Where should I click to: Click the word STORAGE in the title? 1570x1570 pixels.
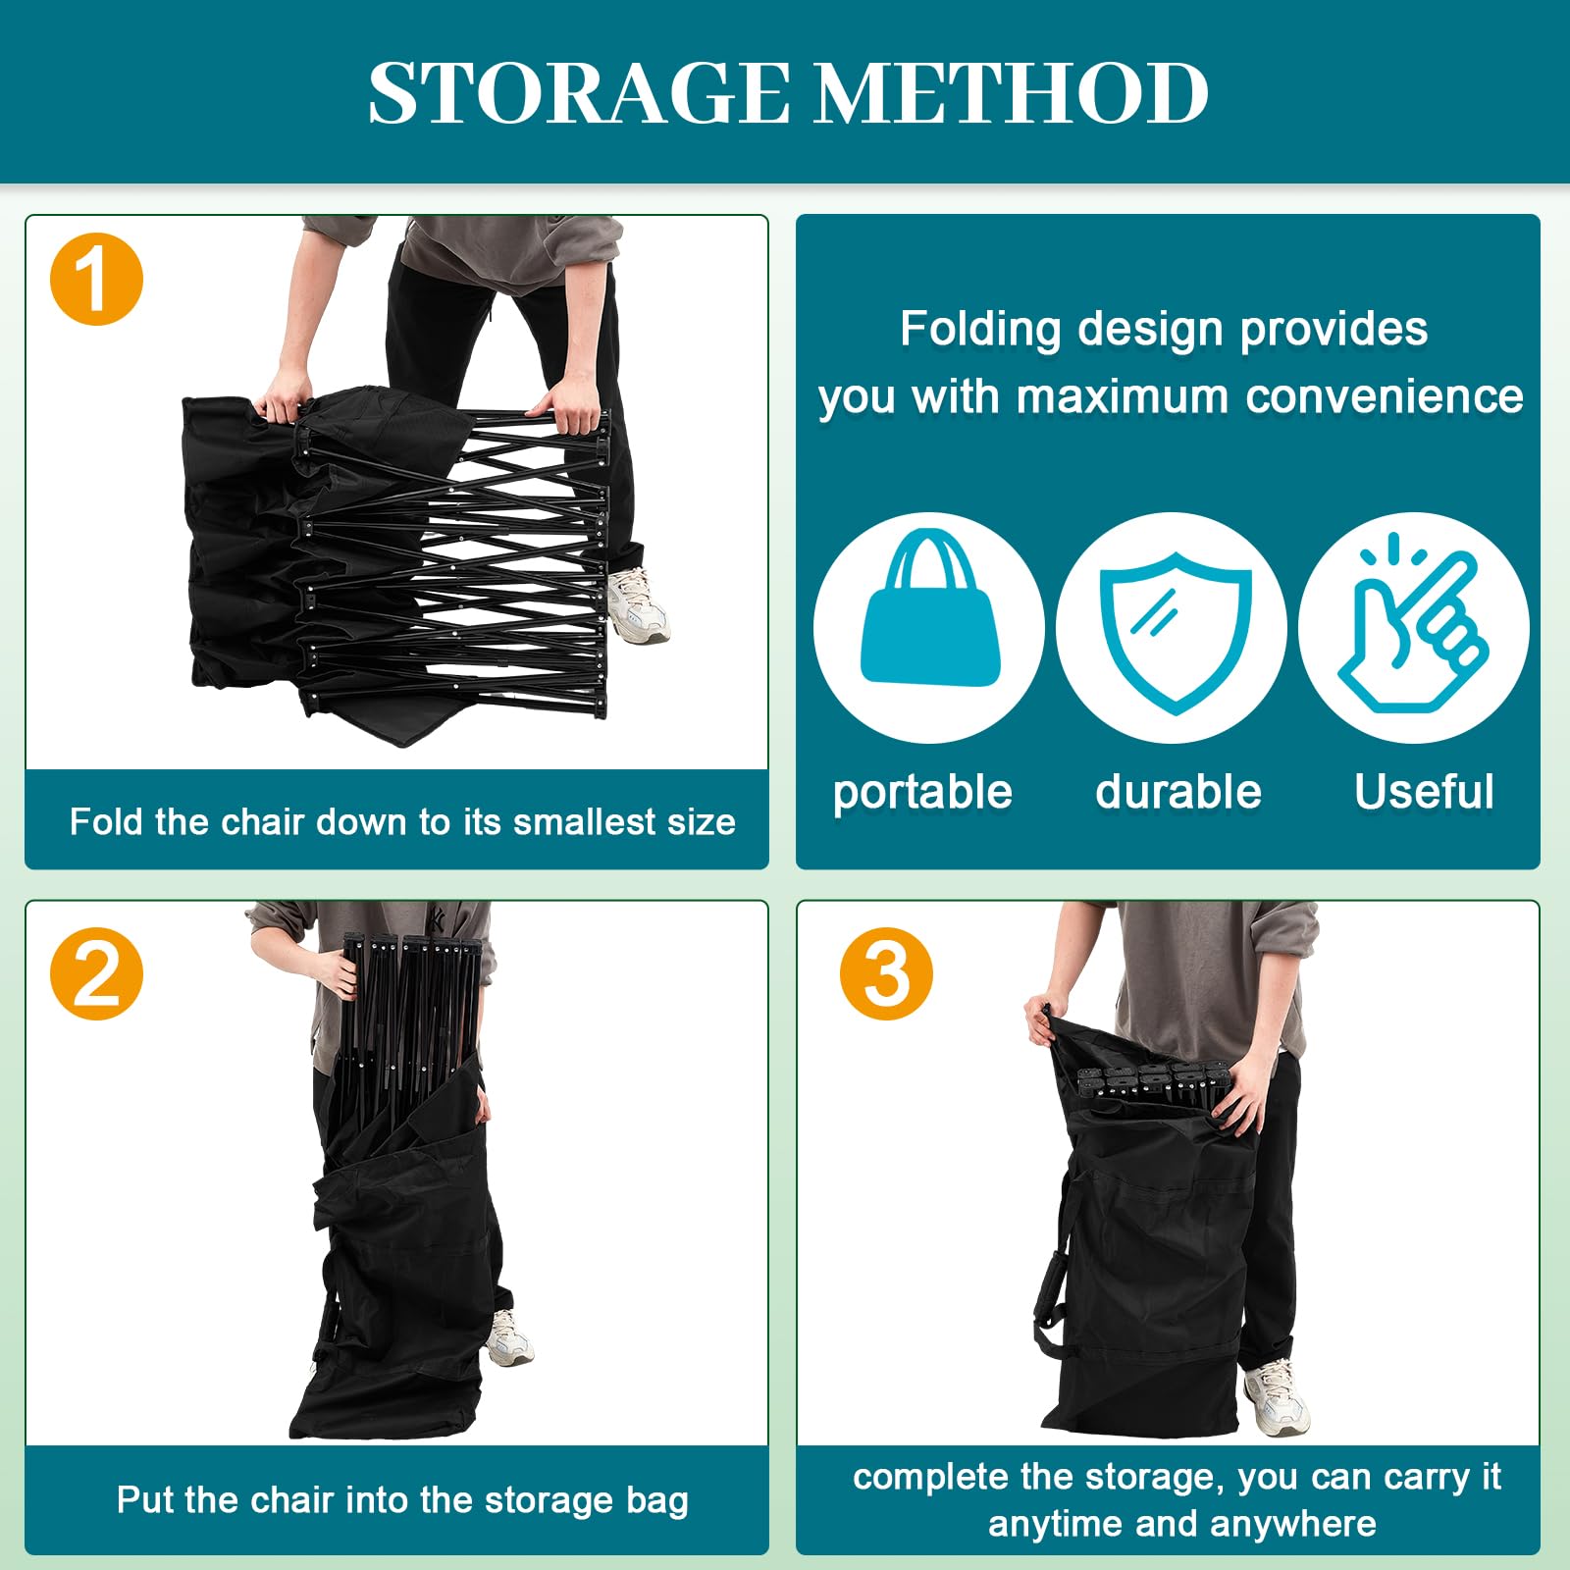coord(578,93)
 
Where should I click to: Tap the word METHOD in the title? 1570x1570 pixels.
coord(1012,93)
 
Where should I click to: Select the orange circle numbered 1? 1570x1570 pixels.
coord(96,279)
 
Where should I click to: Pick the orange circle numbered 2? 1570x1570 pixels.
coord(96,973)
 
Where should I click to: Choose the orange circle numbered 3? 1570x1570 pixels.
coord(887,973)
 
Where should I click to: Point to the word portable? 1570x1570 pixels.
coord(922,792)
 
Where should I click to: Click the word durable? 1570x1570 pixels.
coord(1178,791)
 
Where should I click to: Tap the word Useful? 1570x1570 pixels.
coord(1424,791)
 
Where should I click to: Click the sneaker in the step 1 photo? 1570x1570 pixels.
coord(639,605)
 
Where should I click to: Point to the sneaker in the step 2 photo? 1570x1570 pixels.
coord(510,1336)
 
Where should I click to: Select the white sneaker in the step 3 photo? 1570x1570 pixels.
coord(1276,1398)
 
